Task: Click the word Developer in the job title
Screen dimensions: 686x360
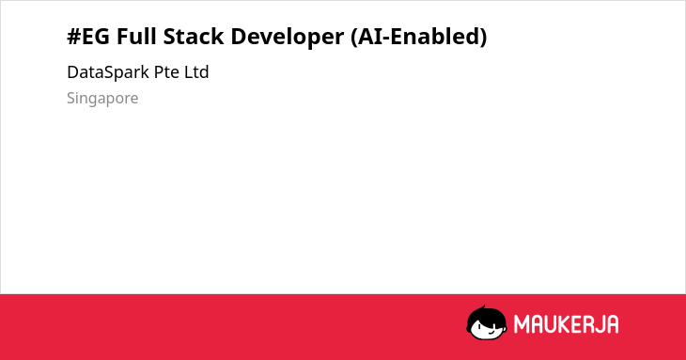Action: (287, 37)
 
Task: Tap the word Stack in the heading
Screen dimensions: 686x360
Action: (194, 36)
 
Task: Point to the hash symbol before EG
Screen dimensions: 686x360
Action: (73, 37)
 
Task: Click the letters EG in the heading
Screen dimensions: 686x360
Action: (96, 37)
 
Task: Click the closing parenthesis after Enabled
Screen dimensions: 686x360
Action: (483, 37)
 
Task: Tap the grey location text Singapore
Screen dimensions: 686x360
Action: (102, 99)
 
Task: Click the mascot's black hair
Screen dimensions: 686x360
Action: (486, 316)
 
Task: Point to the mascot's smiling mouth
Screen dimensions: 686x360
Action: (491, 331)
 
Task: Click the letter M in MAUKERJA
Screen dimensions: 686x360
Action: (522, 324)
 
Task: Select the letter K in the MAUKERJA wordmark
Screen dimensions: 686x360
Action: (566, 324)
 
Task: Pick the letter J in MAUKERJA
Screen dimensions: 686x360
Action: (600, 324)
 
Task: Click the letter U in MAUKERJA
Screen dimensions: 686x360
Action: (551, 324)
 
